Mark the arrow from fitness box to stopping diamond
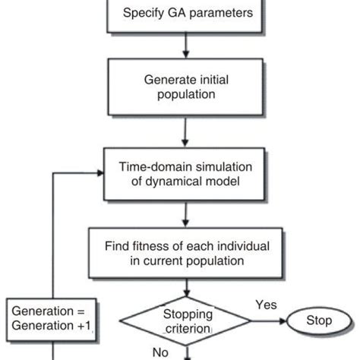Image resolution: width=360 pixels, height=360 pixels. [182, 289]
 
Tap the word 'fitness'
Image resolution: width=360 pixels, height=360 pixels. [153, 247]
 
